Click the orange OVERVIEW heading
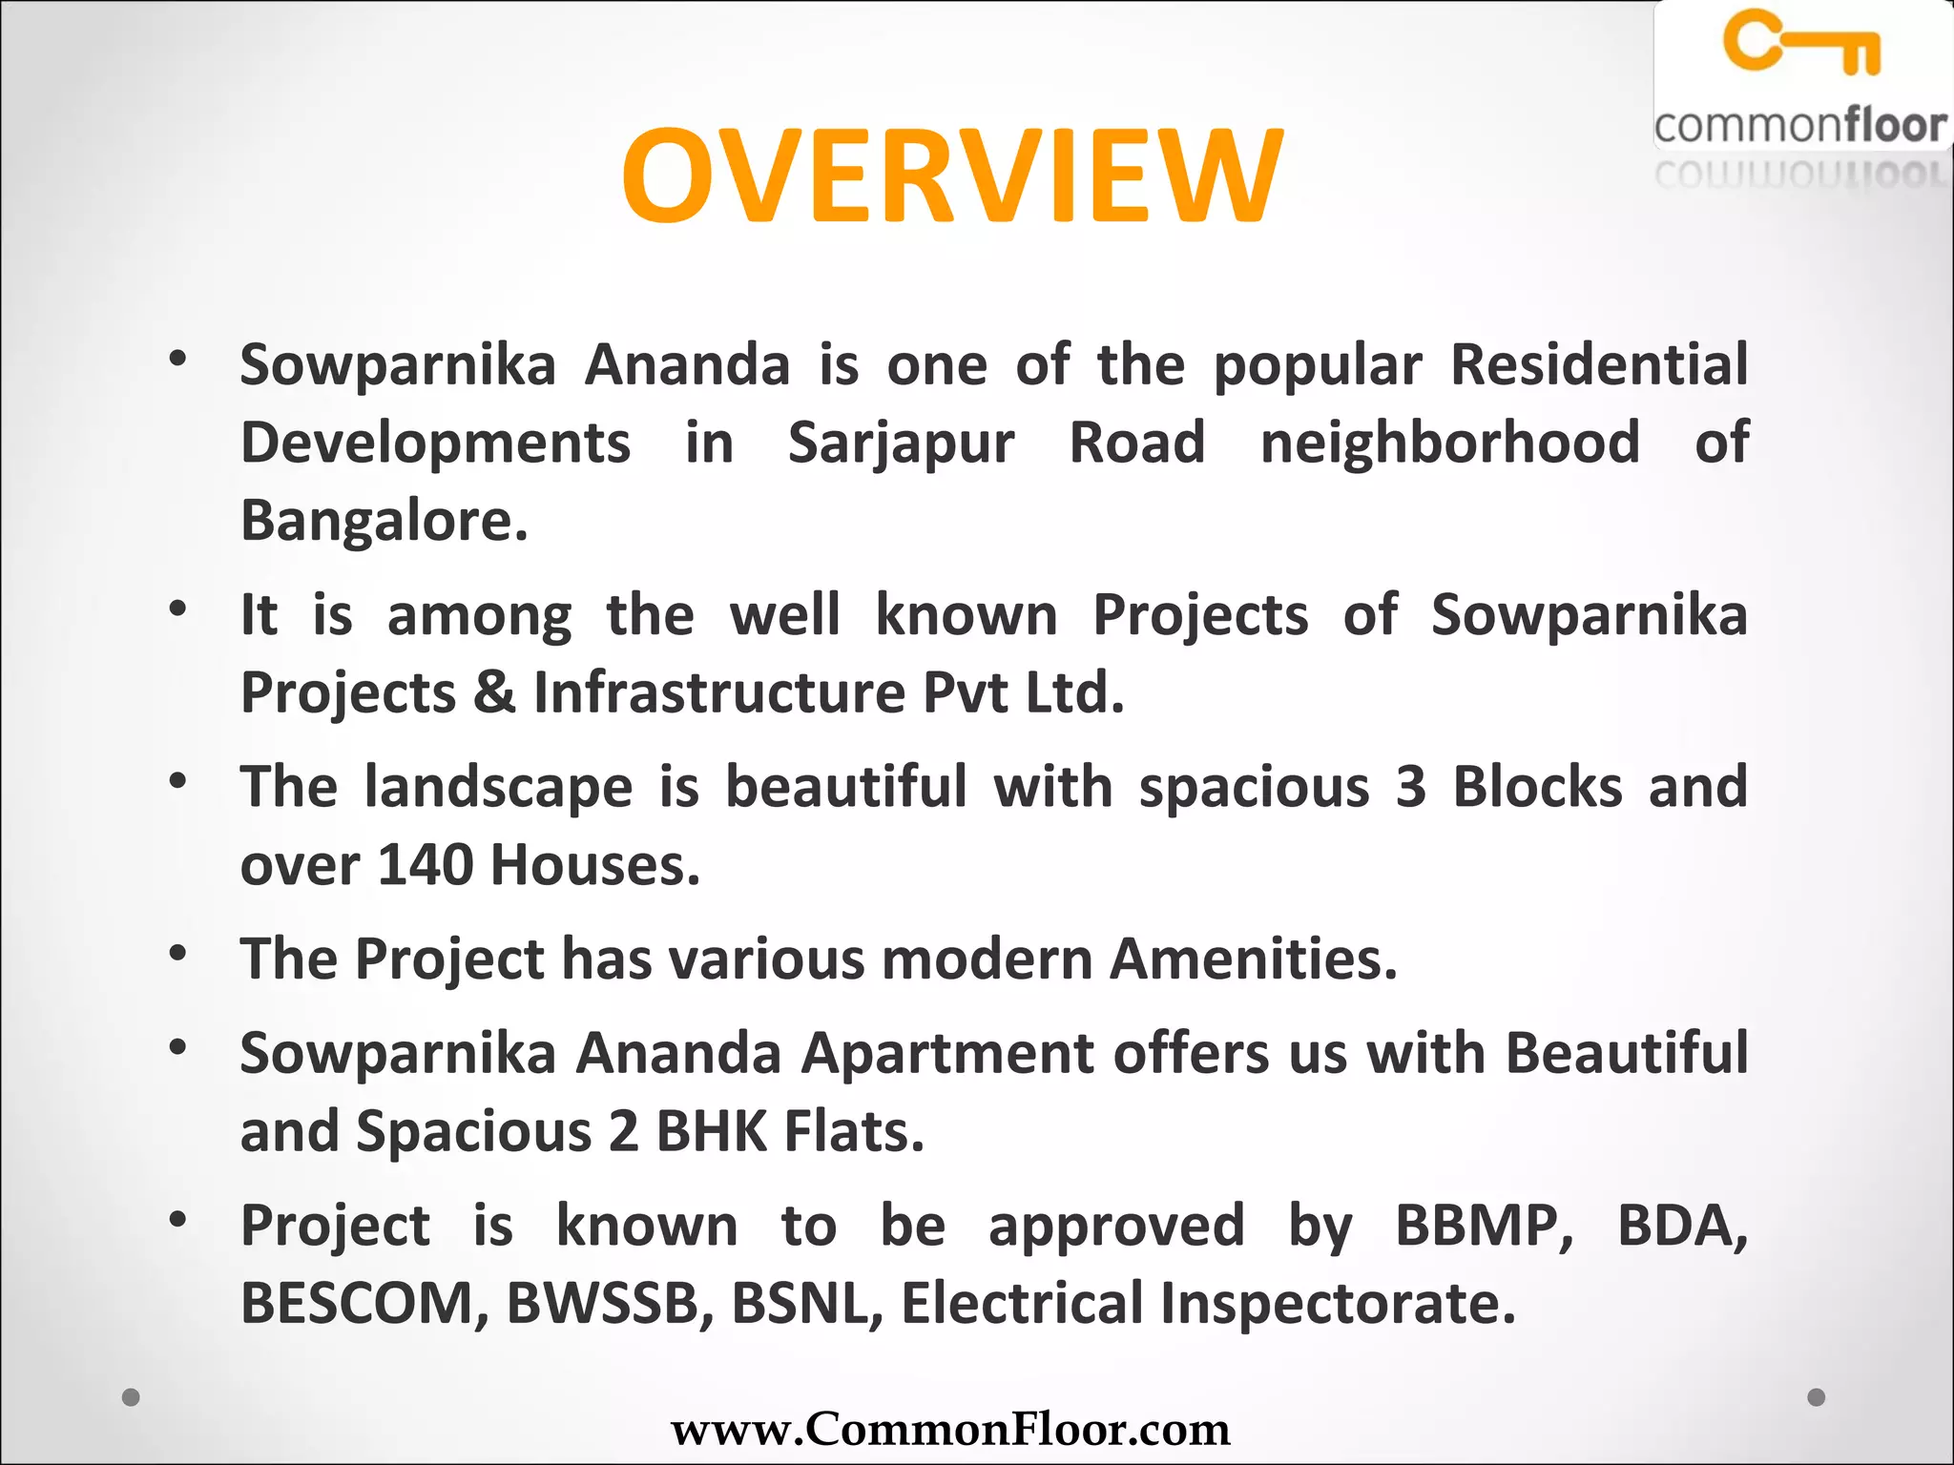952,176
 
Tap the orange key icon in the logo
1801,42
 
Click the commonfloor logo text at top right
1799,126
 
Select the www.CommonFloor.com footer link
950,1429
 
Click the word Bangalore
384,521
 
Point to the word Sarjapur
901,444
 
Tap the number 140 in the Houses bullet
426,864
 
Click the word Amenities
1253,959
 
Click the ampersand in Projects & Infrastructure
494,692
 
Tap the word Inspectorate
1337,1303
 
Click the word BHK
712,1131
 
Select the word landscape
498,788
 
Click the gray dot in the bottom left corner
132,1397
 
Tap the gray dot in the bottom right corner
1817,1397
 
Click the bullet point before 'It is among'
177,609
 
